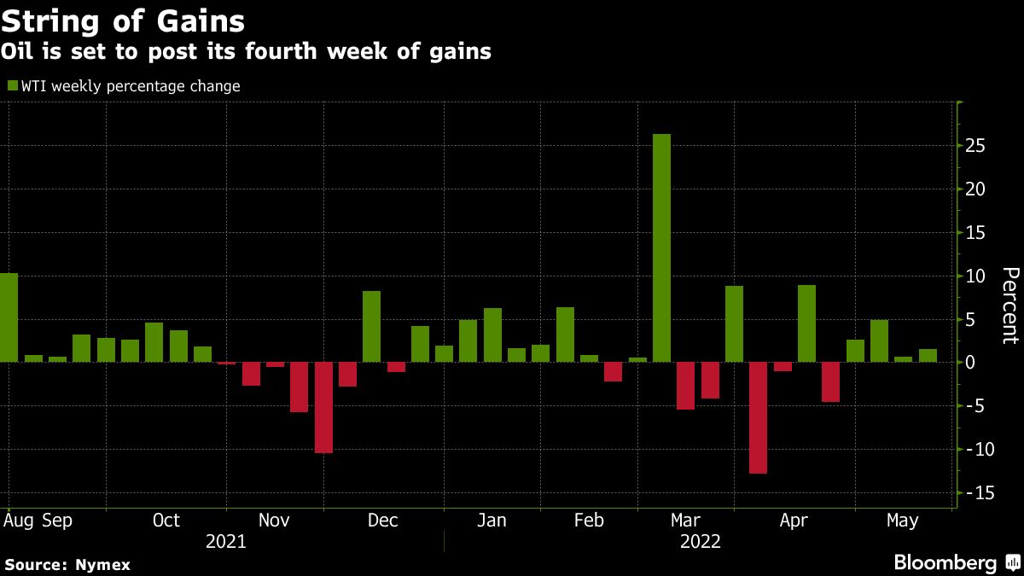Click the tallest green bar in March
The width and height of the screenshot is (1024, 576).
click(661, 247)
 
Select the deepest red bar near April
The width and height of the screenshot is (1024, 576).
click(759, 417)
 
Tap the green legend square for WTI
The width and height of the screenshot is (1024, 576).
click(12, 85)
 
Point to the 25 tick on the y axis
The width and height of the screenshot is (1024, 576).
click(976, 146)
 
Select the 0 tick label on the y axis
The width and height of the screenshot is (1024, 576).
click(970, 363)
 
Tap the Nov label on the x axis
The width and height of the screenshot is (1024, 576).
click(274, 521)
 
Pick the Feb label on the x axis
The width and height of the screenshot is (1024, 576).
click(590, 521)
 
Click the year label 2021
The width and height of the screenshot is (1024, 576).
click(225, 542)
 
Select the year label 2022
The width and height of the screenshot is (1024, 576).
click(700, 542)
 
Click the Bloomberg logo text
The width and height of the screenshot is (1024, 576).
click(945, 562)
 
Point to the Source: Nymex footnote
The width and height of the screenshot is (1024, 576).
click(67, 564)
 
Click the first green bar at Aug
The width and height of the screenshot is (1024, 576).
click(9, 317)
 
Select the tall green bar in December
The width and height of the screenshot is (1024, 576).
click(371, 327)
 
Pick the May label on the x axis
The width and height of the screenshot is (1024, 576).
click(902, 521)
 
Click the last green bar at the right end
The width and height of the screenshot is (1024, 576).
click(928, 356)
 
